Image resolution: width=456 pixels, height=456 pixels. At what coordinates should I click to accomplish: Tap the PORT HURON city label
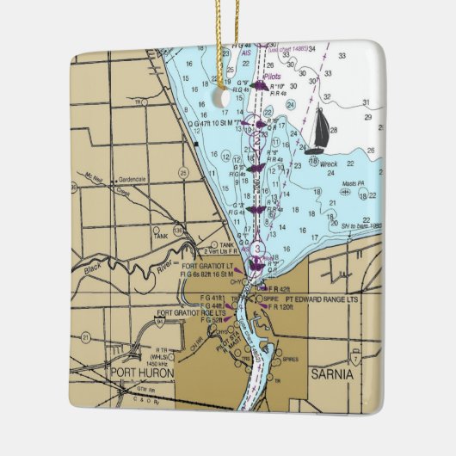(x=142, y=373)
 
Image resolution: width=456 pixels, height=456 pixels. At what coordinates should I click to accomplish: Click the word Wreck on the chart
(x=329, y=163)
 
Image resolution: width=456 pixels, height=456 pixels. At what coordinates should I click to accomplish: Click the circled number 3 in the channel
(x=257, y=248)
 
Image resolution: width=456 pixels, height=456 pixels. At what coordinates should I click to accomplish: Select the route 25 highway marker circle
(x=183, y=172)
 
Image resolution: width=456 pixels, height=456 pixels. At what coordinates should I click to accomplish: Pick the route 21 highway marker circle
(x=85, y=336)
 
